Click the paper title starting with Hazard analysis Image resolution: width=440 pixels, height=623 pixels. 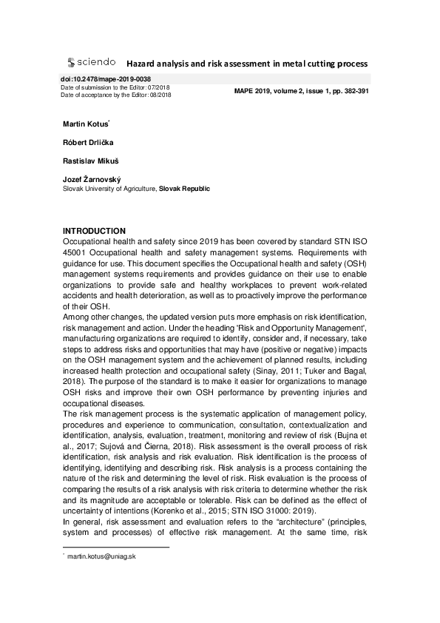tap(246, 64)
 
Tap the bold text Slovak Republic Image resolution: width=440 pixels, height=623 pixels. tap(185, 189)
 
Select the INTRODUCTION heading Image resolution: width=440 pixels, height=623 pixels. tap(94, 231)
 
